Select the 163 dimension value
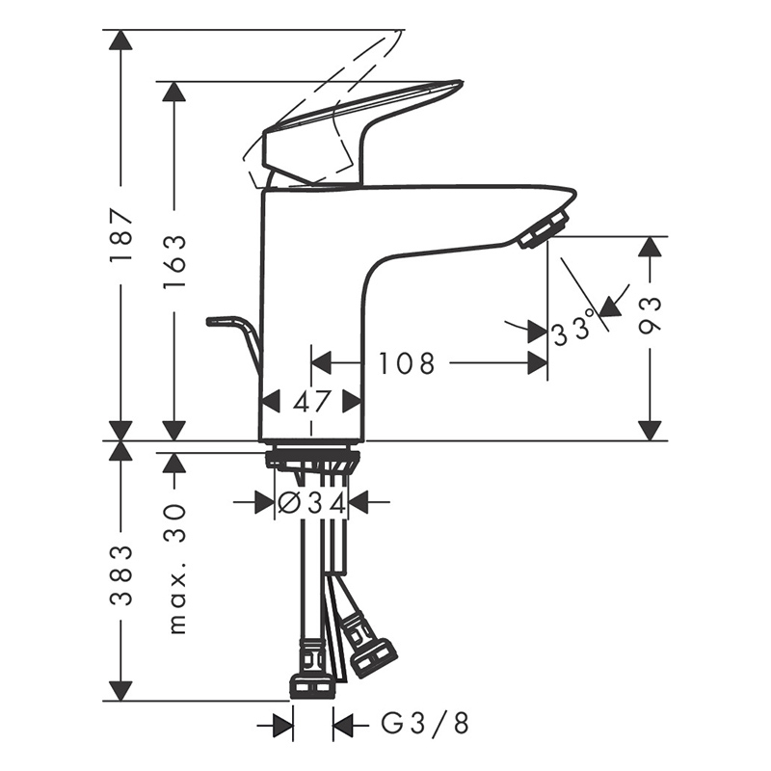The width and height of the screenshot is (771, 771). [x=175, y=261]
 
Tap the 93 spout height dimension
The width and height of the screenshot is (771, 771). [x=650, y=316]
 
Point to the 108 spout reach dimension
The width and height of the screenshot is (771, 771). [x=407, y=364]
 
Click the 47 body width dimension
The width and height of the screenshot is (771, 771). [x=310, y=402]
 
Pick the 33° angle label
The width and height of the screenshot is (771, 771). [x=572, y=328]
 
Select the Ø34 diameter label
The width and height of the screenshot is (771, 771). [x=311, y=502]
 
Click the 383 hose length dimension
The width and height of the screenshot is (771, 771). [x=121, y=574]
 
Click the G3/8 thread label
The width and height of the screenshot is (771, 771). [x=425, y=723]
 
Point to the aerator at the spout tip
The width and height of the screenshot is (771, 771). [x=544, y=228]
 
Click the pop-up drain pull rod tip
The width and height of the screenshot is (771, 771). [x=209, y=322]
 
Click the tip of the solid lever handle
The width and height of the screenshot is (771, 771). [x=461, y=84]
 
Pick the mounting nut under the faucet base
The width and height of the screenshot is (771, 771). [x=310, y=460]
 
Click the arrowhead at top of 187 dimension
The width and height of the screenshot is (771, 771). [x=121, y=40]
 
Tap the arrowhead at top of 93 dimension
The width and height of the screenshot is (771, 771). [x=650, y=247]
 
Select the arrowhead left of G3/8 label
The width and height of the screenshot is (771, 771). [x=283, y=724]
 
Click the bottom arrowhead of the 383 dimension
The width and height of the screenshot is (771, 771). [x=121, y=691]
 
